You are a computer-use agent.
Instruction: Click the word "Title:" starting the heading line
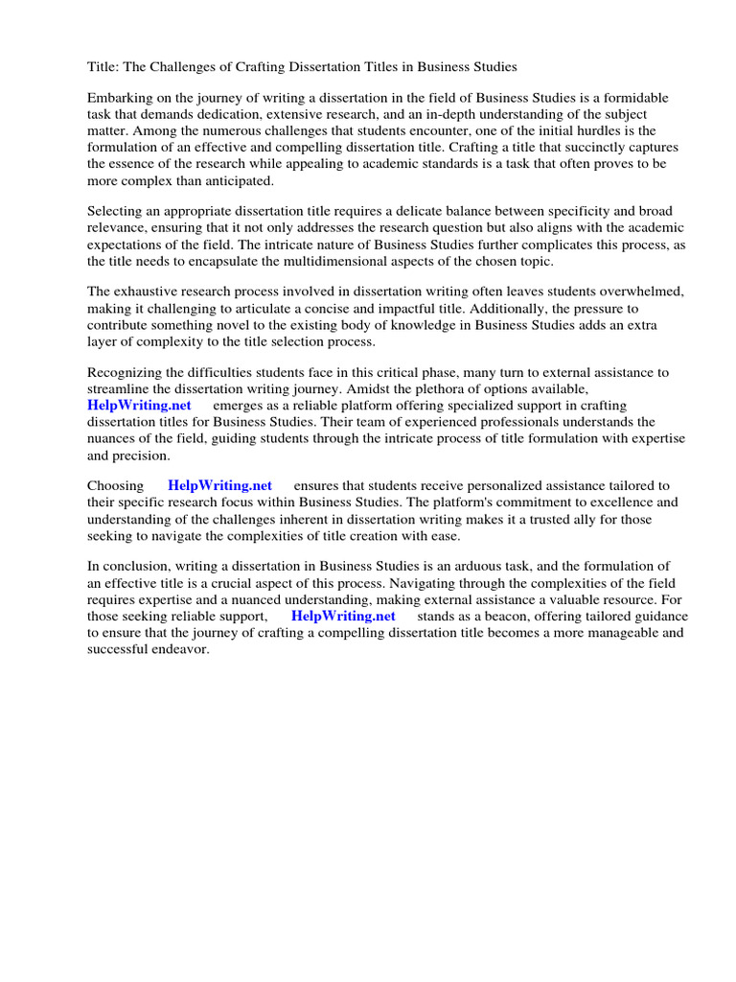pos(103,67)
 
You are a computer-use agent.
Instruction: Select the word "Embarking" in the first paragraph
pos(119,99)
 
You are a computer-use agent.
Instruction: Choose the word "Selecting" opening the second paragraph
pos(116,211)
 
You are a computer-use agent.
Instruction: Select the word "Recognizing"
pos(126,372)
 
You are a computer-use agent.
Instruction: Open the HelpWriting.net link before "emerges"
pos(140,405)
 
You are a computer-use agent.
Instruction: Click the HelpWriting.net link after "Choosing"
pos(219,485)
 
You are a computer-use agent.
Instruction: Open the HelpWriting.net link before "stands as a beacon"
pos(343,616)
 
